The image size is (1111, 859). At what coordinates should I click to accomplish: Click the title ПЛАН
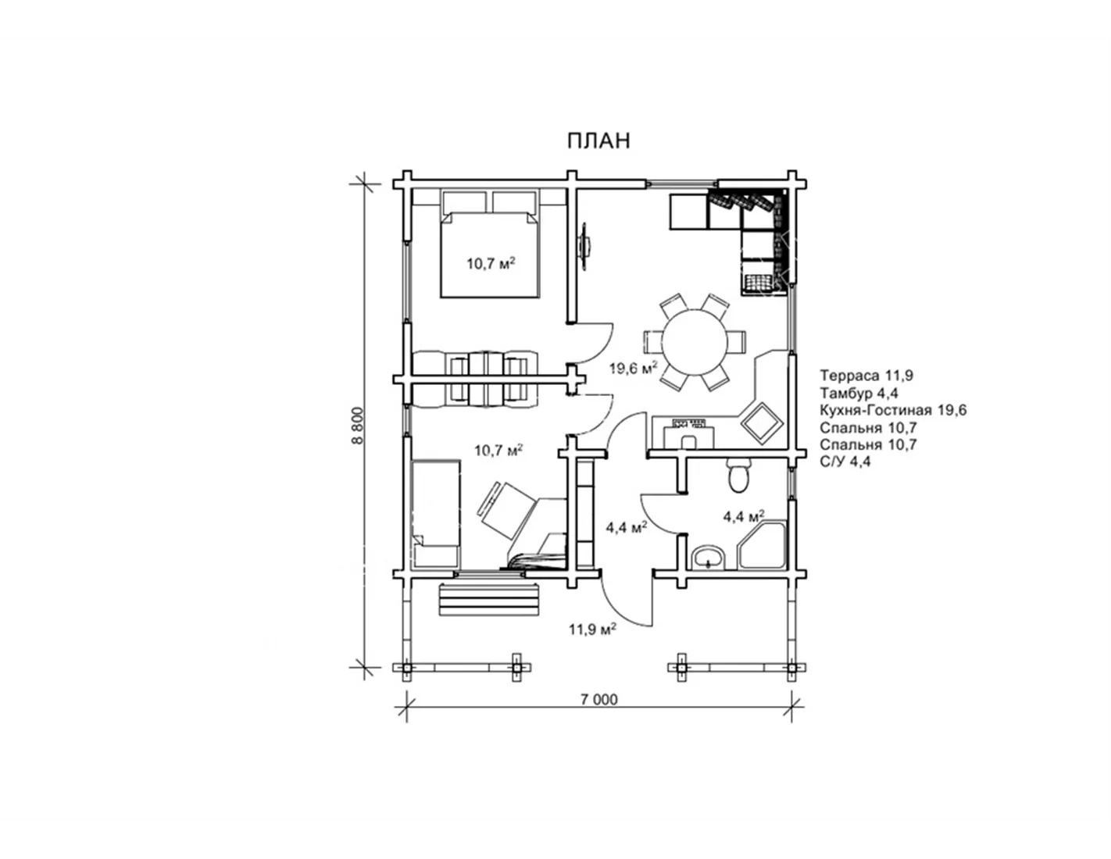598,141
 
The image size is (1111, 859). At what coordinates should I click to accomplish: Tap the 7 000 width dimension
598,699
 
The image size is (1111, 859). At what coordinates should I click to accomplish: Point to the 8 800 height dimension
357,425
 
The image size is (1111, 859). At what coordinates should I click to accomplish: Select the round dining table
695,342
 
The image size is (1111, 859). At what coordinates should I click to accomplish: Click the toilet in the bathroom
738,475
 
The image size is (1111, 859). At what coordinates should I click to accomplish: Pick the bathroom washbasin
708,558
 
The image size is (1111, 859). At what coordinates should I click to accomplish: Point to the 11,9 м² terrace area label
592,629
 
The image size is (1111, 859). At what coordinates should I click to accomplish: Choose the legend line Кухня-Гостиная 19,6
893,410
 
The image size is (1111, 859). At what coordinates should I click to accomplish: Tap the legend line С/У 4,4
845,462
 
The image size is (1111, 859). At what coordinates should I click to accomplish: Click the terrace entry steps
489,601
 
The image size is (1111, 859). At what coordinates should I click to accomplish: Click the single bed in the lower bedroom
436,514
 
